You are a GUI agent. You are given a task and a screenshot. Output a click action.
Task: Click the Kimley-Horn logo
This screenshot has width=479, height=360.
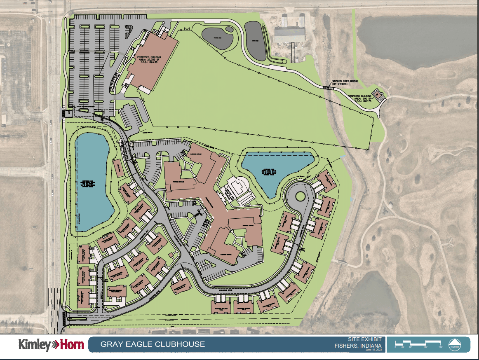[51, 345]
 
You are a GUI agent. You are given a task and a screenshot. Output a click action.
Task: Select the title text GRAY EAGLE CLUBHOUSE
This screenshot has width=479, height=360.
[153, 344]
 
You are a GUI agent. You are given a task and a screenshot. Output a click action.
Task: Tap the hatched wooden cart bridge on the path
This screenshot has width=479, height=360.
[329, 88]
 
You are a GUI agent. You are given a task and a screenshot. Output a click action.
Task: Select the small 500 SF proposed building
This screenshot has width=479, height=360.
[378, 94]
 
